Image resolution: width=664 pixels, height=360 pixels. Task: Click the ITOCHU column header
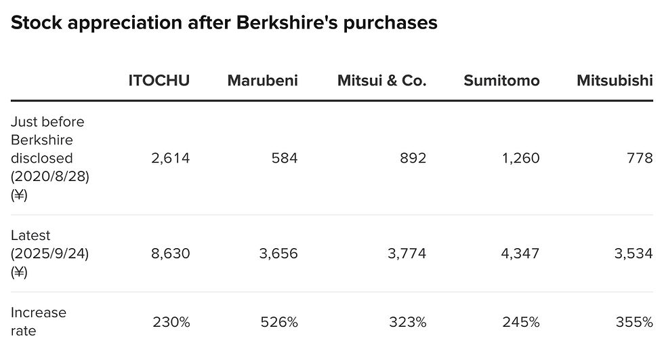click(x=159, y=81)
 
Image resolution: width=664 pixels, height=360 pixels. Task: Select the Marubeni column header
click(x=263, y=81)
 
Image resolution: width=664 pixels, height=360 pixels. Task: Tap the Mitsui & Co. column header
click(x=381, y=81)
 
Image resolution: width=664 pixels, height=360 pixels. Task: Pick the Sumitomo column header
click(x=501, y=81)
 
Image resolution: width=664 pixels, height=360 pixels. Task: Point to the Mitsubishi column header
click(x=615, y=81)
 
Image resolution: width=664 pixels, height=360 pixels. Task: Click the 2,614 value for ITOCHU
click(x=171, y=159)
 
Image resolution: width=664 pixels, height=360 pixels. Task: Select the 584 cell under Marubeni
click(x=285, y=159)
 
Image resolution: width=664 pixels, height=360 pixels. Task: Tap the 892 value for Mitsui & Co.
click(x=413, y=159)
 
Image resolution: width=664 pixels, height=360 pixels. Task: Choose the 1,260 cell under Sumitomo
click(x=520, y=159)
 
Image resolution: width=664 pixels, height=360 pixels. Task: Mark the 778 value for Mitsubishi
click(x=640, y=159)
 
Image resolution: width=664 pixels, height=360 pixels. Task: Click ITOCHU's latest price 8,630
click(x=171, y=254)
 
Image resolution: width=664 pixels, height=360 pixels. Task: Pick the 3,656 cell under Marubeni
click(x=278, y=254)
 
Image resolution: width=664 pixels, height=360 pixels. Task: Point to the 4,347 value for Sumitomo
click(x=520, y=254)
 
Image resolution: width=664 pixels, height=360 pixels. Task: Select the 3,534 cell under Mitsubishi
click(x=634, y=254)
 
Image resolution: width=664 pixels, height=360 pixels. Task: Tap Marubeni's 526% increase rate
click(x=279, y=322)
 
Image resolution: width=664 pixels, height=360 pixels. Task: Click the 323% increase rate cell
click(x=408, y=322)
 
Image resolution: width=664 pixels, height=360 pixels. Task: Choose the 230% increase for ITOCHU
click(x=171, y=322)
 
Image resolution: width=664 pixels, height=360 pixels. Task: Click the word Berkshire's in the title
click(x=287, y=22)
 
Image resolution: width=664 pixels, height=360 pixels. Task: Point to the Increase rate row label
click(x=38, y=322)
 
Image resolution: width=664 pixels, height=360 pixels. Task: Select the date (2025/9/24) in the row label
click(x=50, y=254)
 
